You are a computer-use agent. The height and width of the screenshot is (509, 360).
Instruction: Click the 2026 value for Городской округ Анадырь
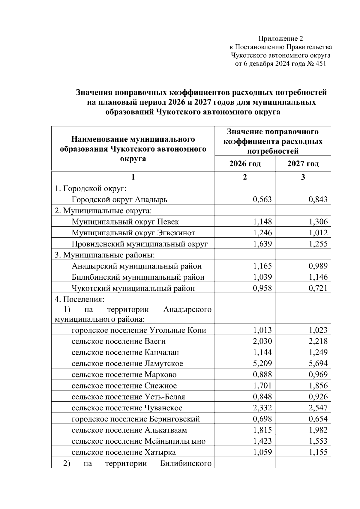(262, 200)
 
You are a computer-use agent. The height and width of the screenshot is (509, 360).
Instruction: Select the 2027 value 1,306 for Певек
(318, 222)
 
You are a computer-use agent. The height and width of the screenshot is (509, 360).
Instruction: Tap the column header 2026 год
(245, 164)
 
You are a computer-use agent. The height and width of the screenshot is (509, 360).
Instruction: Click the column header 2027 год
(303, 164)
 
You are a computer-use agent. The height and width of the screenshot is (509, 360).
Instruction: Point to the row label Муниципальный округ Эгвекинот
(133, 233)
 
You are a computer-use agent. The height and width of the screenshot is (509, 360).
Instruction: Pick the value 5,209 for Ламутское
(262, 364)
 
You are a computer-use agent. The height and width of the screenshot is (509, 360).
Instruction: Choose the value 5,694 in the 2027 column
(318, 364)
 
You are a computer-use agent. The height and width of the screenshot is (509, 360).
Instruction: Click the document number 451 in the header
(320, 64)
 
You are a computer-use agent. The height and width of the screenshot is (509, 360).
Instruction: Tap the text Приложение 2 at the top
(281, 39)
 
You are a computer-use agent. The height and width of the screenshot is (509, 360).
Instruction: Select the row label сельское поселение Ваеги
(118, 341)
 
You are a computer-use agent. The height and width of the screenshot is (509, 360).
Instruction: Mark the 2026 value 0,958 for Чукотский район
(262, 288)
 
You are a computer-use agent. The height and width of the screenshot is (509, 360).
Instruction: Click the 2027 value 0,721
(318, 288)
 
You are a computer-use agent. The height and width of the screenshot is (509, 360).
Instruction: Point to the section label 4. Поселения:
(79, 299)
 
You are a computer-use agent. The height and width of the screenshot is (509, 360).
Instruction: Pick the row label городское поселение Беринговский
(136, 419)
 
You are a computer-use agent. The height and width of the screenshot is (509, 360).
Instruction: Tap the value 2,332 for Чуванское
(262, 408)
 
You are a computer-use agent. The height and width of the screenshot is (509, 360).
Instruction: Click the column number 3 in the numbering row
(303, 177)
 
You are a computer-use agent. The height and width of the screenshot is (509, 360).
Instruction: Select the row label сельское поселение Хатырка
(124, 452)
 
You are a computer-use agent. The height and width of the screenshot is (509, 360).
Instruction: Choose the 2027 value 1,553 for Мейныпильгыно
(318, 441)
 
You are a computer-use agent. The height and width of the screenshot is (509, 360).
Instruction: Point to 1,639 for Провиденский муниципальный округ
(262, 244)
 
